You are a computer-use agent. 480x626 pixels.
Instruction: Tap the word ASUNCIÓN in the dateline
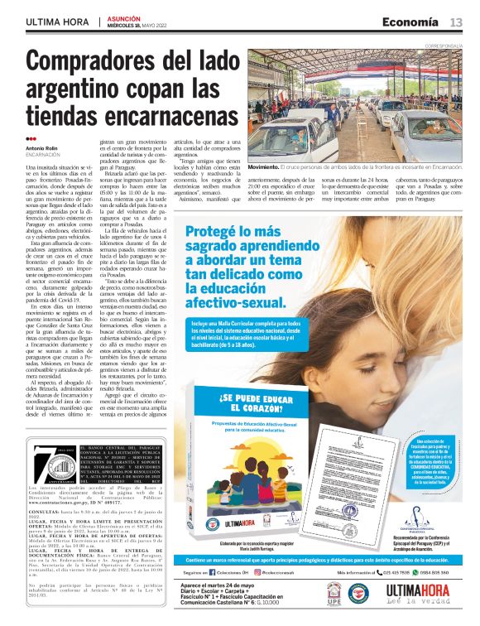125,17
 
